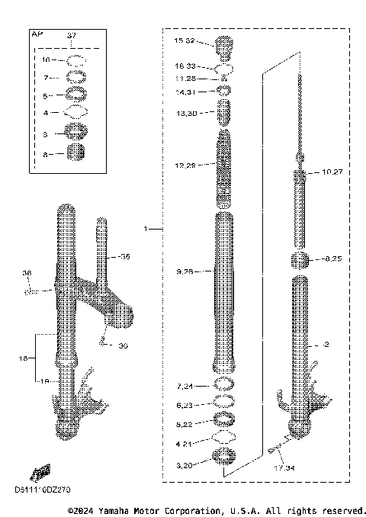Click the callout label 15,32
coord(185,40)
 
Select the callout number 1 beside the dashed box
coord(146,228)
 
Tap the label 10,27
coord(332,172)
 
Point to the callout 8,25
coord(332,259)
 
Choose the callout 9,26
coord(185,271)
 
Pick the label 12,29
coord(185,165)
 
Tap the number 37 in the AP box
coord(72,36)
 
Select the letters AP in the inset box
coord(35,35)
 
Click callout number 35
coord(124,257)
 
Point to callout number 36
coord(27,272)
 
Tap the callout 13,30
coord(185,112)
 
